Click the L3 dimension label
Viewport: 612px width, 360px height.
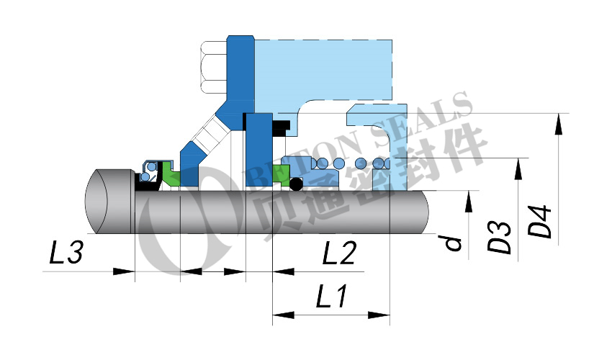click(x=66, y=252)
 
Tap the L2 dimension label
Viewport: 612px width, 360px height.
click(x=339, y=253)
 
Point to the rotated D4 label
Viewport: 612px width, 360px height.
click(x=540, y=220)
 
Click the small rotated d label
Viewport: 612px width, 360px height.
click(x=454, y=243)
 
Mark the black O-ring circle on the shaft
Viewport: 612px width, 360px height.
click(x=296, y=184)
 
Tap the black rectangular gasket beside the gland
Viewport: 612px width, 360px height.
click(x=281, y=128)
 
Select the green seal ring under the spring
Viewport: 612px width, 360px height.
click(x=281, y=174)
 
